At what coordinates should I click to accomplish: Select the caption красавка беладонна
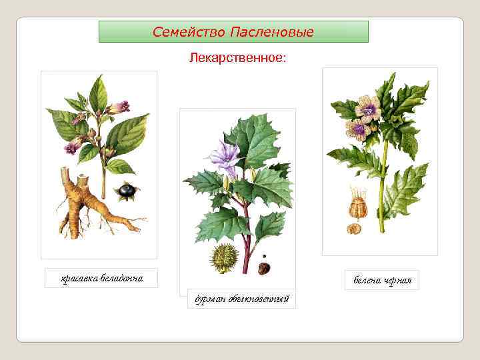coord(101,278)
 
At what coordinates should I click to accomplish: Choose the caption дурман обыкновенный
coord(237,299)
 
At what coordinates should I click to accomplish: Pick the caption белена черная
coord(382,280)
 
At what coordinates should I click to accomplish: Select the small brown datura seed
coord(264,268)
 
